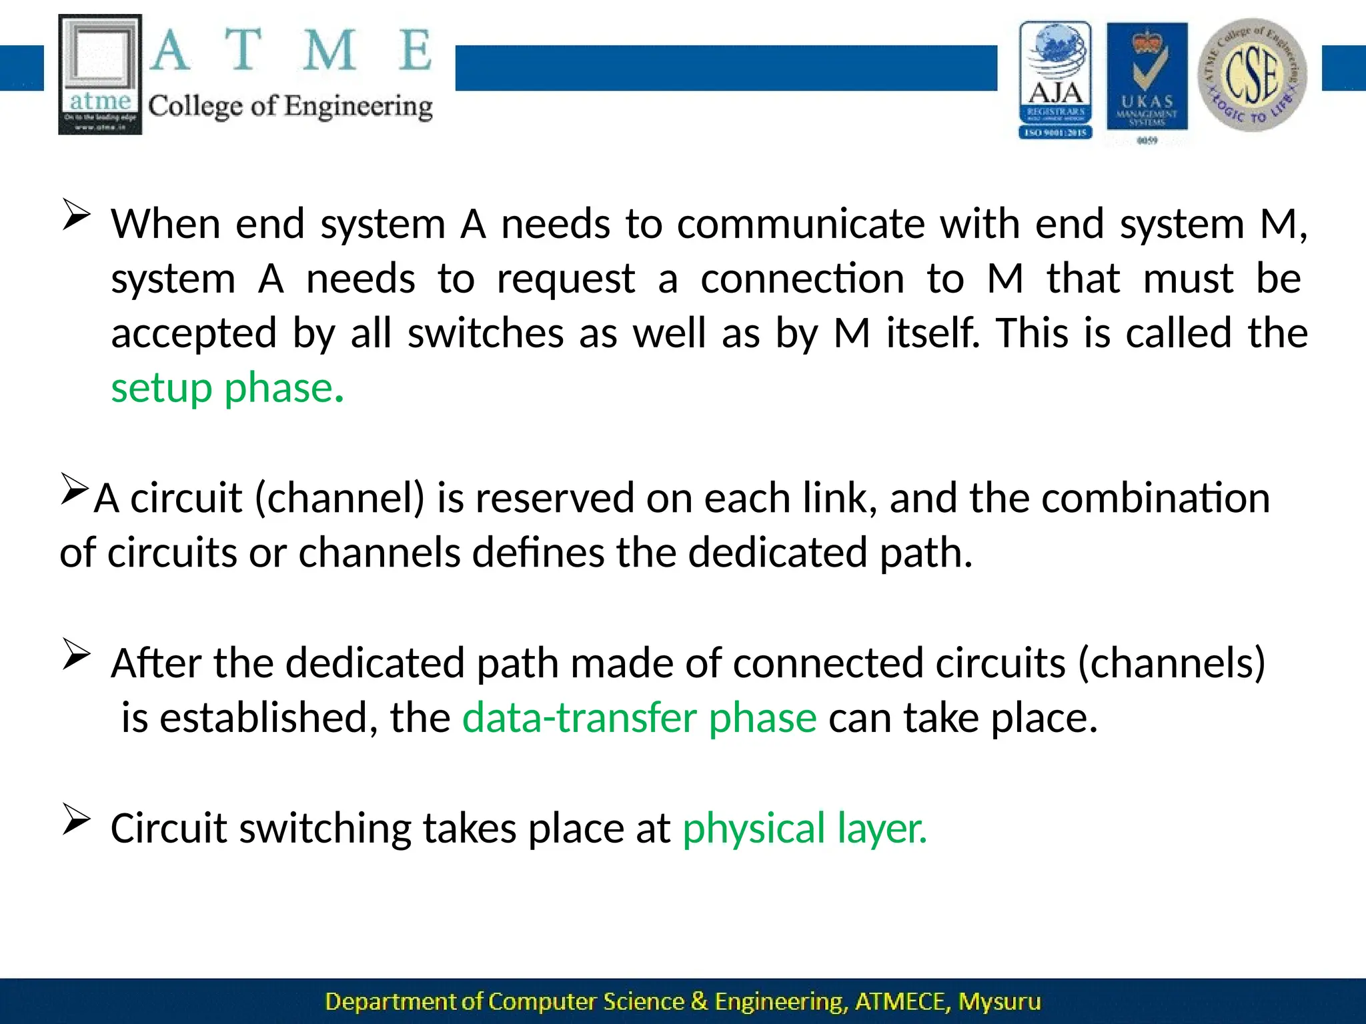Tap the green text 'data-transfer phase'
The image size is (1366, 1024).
click(639, 718)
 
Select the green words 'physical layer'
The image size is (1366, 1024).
click(804, 829)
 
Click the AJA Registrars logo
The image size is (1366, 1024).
click(1055, 80)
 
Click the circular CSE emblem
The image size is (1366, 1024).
click(1252, 75)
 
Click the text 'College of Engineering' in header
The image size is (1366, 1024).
click(290, 107)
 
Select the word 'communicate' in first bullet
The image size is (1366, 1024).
click(801, 224)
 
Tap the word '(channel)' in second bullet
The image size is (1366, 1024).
click(339, 498)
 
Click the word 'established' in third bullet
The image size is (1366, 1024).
click(263, 718)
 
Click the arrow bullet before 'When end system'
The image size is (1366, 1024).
click(76, 215)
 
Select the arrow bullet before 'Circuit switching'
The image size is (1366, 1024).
click(76, 819)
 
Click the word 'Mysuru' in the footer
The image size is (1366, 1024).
click(999, 1002)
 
